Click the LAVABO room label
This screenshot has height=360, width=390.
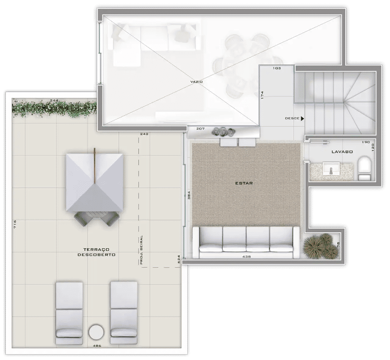(342, 152)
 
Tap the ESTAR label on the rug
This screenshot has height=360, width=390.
(244, 183)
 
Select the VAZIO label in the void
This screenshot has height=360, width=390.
(196, 81)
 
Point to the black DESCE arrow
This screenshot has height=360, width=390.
(302, 119)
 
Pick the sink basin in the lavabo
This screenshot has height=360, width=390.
(331, 168)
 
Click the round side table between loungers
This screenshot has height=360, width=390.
(97, 332)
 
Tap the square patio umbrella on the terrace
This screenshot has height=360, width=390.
(95, 182)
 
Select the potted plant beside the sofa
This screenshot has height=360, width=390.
(321, 246)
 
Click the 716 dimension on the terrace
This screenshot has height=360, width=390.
(15, 224)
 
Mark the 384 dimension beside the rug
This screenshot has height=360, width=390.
(189, 195)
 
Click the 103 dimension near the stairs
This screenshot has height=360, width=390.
(276, 68)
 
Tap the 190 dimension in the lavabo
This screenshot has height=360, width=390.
(366, 142)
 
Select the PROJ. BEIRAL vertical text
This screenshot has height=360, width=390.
(141, 249)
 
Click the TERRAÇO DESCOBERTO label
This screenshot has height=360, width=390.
(97, 252)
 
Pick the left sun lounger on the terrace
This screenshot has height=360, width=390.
(69, 313)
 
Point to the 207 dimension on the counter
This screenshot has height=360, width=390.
(200, 129)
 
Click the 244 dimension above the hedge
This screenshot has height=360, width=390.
(54, 100)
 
